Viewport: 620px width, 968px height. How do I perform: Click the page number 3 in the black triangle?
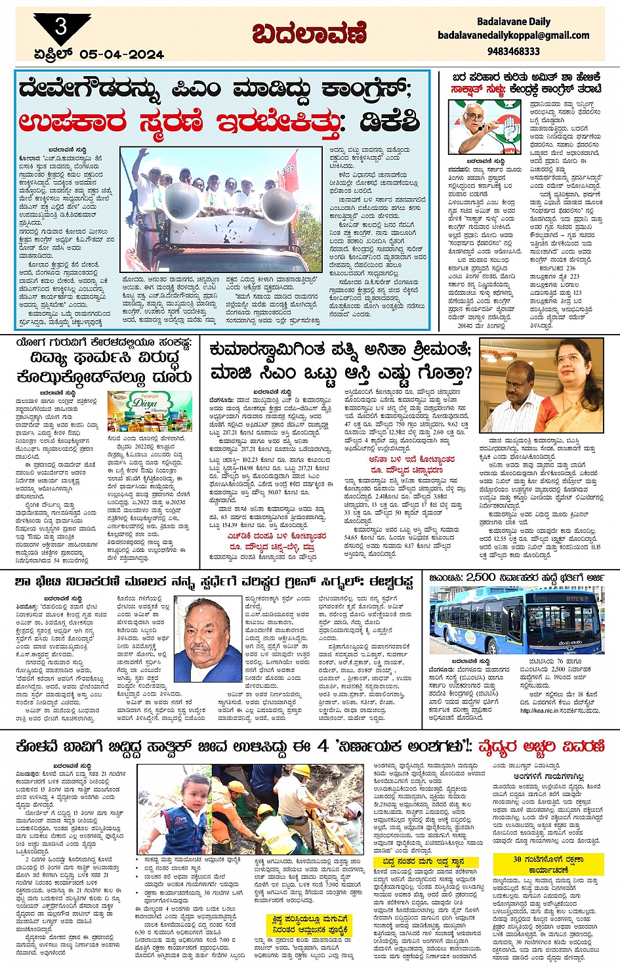tap(61, 27)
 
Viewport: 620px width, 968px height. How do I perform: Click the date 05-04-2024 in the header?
tap(121, 55)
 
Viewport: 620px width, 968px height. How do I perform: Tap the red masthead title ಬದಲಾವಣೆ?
tap(310, 33)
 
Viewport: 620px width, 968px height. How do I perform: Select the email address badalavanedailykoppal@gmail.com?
tap(513, 35)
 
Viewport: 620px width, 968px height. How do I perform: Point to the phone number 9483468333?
tap(514, 51)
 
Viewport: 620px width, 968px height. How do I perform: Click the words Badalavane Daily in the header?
tap(513, 22)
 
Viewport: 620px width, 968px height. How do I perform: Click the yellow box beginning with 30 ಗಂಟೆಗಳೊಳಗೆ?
tap(548, 863)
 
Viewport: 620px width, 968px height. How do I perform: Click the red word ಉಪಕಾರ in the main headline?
tap(73, 122)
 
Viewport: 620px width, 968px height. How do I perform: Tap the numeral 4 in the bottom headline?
tap(323, 746)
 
